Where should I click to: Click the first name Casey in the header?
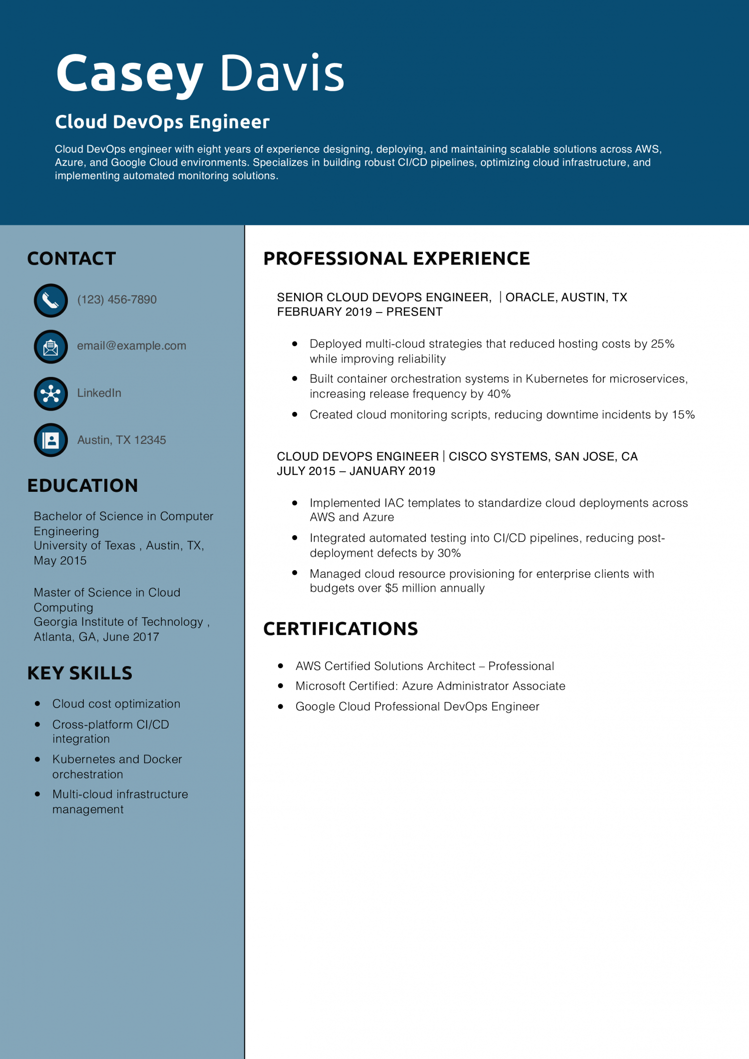(129, 74)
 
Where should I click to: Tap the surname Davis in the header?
(282, 74)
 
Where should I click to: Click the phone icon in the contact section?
(50, 301)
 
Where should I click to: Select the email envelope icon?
(50, 347)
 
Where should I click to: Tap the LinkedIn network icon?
(50, 394)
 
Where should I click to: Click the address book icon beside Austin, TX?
(50, 440)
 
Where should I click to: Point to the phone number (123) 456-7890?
(117, 300)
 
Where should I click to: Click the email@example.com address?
(131, 346)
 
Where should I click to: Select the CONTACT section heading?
(71, 259)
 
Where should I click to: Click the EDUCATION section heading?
(82, 486)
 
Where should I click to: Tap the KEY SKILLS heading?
(80, 674)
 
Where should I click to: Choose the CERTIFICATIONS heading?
(341, 629)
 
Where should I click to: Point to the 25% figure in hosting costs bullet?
(663, 344)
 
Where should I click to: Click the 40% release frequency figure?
(499, 394)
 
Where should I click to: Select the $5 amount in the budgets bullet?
(391, 588)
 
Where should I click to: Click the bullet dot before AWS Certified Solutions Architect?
(281, 666)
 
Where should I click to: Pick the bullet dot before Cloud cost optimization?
(37, 704)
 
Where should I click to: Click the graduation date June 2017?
(131, 637)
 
